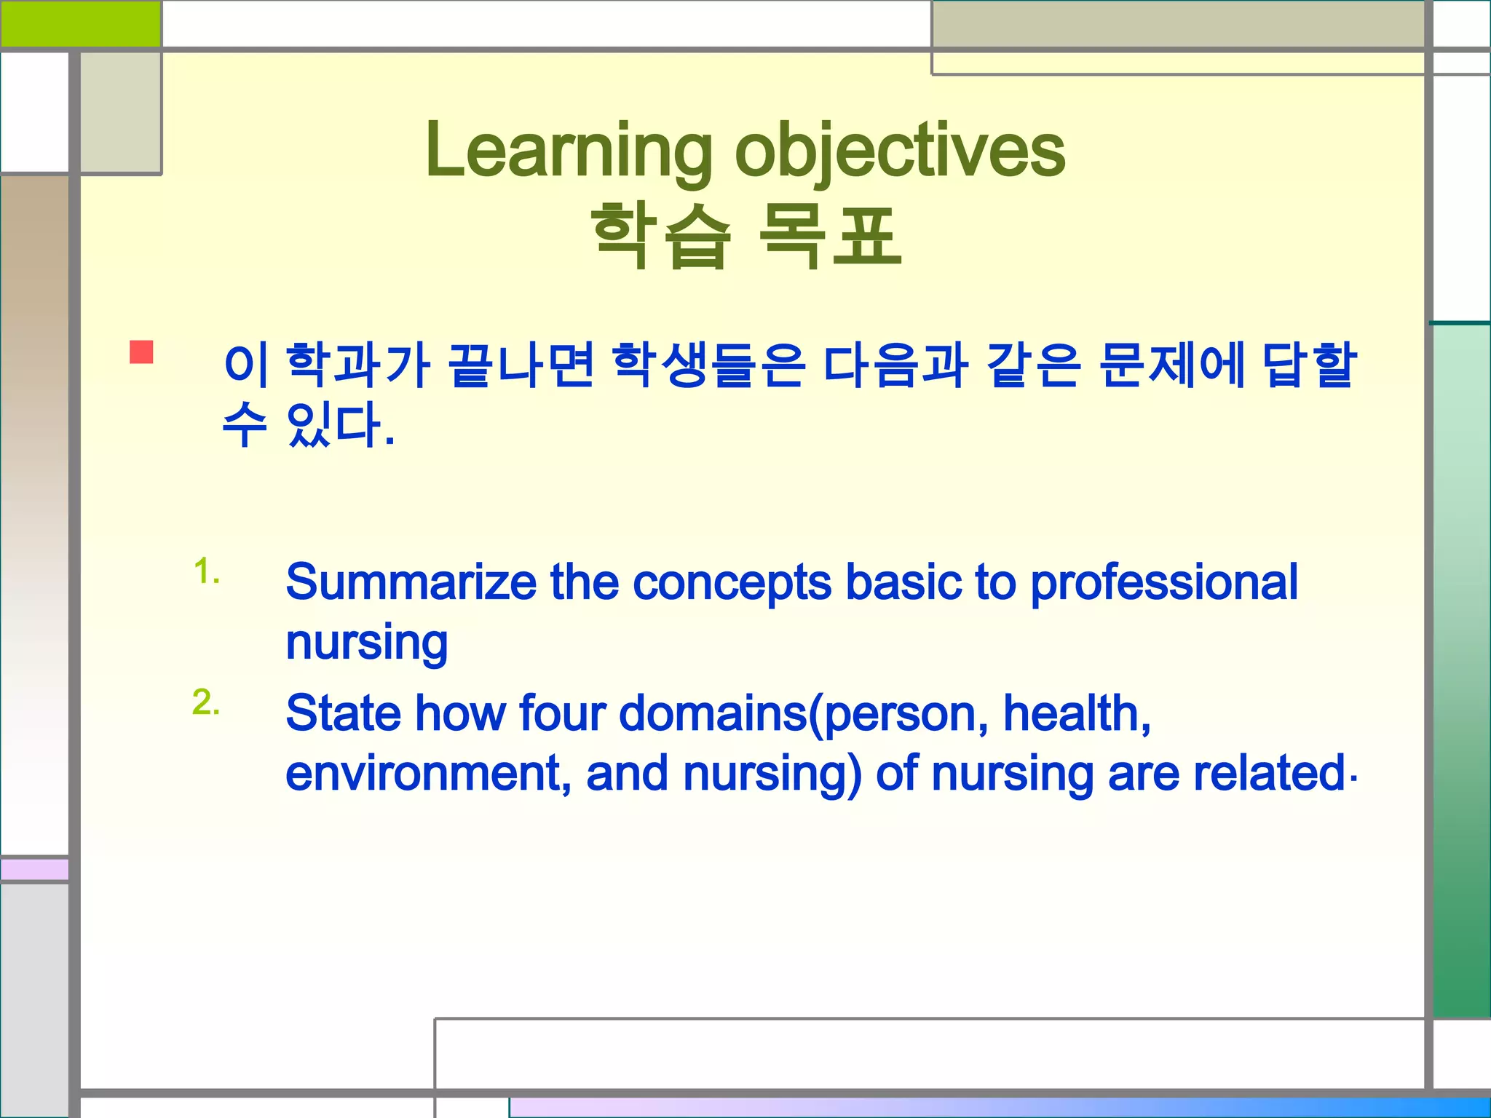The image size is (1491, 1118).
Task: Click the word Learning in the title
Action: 568,151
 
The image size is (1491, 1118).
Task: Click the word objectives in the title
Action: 900,151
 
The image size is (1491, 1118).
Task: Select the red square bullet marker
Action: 141,352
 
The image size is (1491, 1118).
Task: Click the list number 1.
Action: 206,571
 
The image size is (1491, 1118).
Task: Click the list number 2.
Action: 206,702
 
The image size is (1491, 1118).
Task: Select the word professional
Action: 1163,582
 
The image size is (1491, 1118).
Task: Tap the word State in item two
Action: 342,713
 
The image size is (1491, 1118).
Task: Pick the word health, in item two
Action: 1076,713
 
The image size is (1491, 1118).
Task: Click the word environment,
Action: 428,773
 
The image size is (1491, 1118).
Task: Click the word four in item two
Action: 562,713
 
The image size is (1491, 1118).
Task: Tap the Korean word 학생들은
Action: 708,365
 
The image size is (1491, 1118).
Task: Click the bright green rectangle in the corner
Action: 80,23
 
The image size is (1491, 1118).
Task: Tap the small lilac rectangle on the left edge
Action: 35,869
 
